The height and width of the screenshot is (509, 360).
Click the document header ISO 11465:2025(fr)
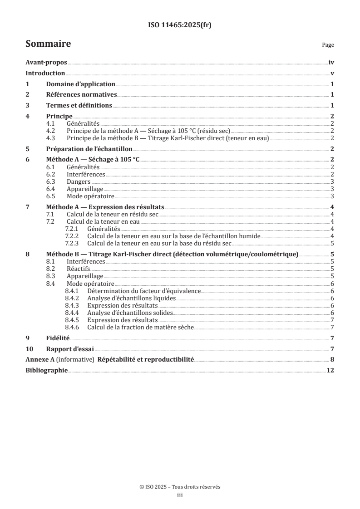(180, 25)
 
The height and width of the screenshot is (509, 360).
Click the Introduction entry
(45, 73)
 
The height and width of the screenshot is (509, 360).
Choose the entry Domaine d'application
(80, 84)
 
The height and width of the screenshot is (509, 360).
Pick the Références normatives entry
(81, 95)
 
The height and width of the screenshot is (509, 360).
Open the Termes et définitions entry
(79, 105)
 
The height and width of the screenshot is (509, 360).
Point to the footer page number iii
(180, 495)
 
